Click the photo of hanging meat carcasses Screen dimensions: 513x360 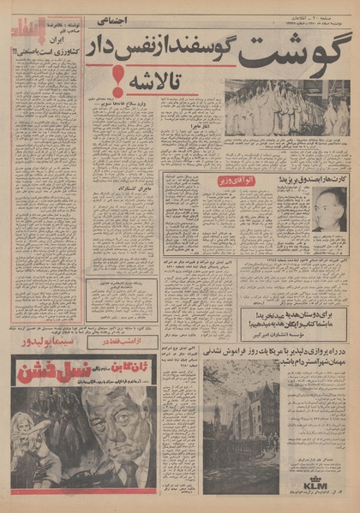pos(286,109)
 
